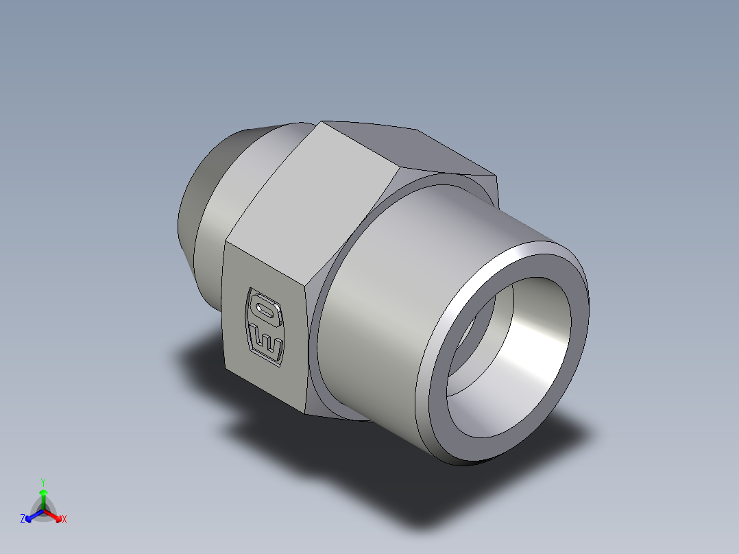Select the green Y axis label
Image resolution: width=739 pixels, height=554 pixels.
[x=43, y=482]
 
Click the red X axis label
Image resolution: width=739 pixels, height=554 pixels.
[x=64, y=519]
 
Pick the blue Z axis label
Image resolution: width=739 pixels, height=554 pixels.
[x=23, y=519]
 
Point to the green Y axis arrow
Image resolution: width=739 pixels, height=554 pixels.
[x=43, y=497]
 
